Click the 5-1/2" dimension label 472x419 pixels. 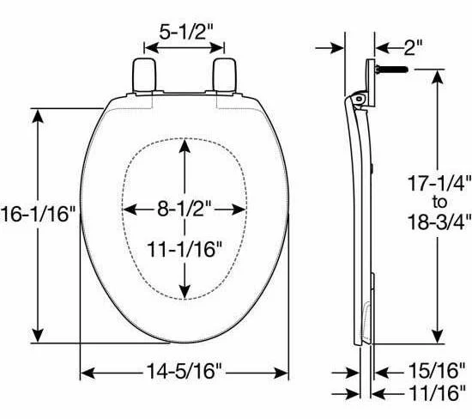tap(186, 32)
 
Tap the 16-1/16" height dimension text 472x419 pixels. tap(37, 214)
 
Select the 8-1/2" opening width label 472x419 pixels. tap(185, 209)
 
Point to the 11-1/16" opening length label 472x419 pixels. tap(185, 249)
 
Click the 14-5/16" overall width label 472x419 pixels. tap(184, 371)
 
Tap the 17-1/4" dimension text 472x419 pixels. tap(439, 183)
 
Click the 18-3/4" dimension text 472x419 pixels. tap(439, 222)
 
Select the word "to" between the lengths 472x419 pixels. tap(439, 202)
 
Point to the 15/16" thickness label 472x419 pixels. tap(437, 371)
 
